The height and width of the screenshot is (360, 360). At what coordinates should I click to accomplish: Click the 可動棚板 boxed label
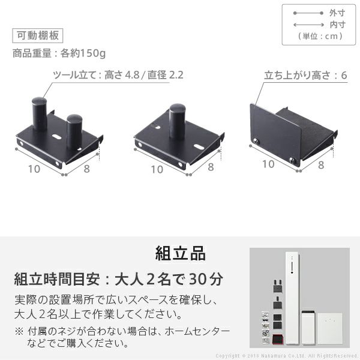click(x=37, y=35)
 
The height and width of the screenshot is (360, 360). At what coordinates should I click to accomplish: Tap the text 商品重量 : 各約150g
click(x=59, y=53)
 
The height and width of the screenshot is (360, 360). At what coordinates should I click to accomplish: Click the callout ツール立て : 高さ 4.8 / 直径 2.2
click(x=118, y=76)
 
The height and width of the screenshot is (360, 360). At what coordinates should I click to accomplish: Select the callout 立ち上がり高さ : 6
click(x=306, y=76)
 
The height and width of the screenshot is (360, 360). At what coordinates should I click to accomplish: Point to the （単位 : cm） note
click(x=320, y=36)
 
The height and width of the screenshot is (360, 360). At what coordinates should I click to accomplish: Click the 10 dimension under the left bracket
click(x=34, y=169)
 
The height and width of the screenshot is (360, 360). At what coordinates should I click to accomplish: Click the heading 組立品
click(x=179, y=253)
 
